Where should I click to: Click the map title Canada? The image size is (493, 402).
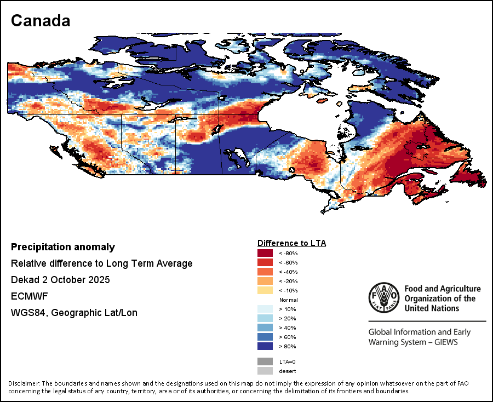coord(41,21)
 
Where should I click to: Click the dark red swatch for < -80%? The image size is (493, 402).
coord(265,253)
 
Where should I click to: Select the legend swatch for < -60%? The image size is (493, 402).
coord(265,262)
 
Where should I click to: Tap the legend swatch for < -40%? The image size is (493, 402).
coord(265,272)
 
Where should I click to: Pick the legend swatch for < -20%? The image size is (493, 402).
coord(265,281)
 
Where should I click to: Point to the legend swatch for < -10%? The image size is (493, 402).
coord(265,290)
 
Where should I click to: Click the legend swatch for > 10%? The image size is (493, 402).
coord(265,309)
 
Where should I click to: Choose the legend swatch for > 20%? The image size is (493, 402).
coord(265,318)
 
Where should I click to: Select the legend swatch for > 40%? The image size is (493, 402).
coord(265,328)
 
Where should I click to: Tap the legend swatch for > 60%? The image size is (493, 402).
coord(265,337)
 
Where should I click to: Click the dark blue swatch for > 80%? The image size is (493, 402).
coord(265,346)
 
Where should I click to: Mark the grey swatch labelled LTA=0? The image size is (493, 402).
coord(265,361)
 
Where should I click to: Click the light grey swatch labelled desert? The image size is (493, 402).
coord(265,371)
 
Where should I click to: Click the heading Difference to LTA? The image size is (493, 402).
coord(291,243)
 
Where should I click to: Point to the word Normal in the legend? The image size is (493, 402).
coord(288,300)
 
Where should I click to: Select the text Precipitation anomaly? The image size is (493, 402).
coord(63,247)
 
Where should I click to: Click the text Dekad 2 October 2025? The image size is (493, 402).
coord(60,280)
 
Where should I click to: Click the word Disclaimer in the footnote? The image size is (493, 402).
coord(24,383)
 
